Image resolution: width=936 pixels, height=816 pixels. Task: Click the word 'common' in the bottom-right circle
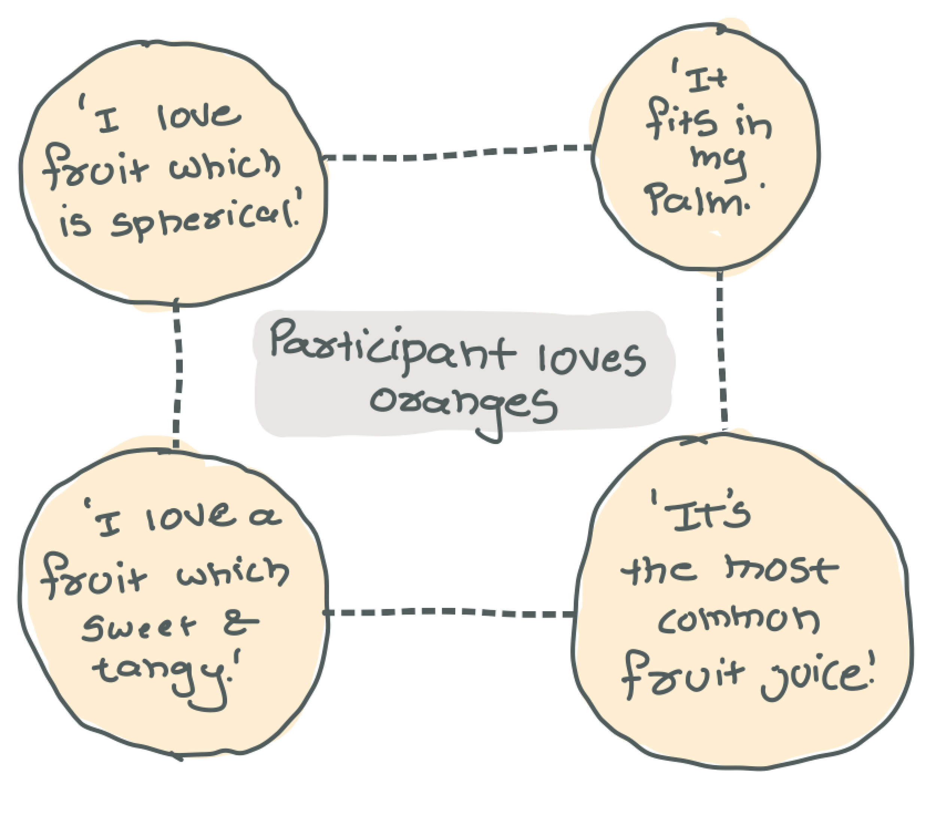(738, 622)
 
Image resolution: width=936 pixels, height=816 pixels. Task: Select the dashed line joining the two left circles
(177, 378)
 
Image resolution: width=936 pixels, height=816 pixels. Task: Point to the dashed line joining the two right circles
(721, 351)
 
